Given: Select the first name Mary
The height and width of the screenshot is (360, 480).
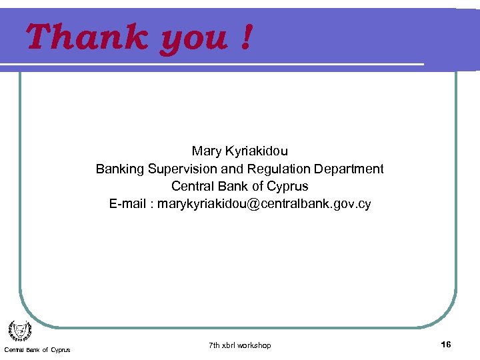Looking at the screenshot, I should pyautogui.click(x=207, y=151).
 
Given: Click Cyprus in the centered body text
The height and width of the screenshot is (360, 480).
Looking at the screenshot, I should pyautogui.click(x=287, y=187).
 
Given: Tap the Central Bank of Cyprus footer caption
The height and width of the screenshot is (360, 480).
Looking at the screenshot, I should pyautogui.click(x=37, y=350).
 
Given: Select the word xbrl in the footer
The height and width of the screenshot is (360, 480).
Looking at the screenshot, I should pyautogui.click(x=231, y=345).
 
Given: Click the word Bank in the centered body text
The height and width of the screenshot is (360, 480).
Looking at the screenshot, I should pyautogui.click(x=231, y=187).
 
